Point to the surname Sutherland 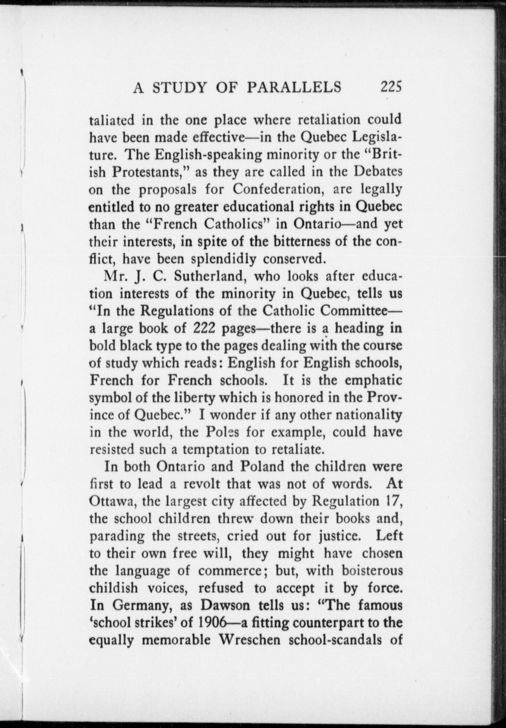[207, 276]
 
